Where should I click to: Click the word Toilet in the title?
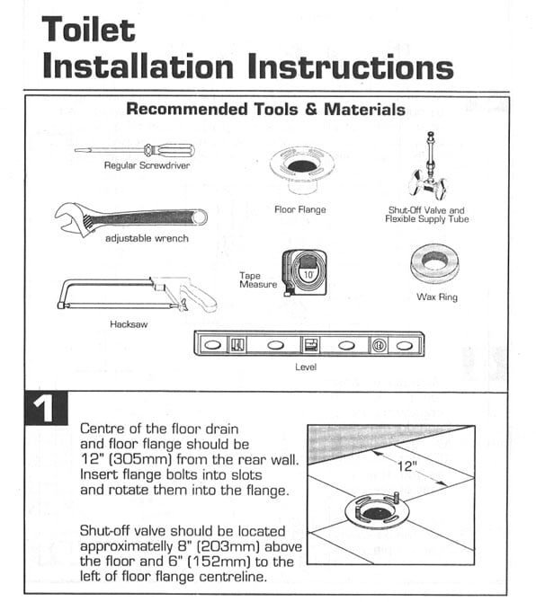(x=88, y=29)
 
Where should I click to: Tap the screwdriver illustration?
(x=135, y=150)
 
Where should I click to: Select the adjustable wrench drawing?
(x=130, y=217)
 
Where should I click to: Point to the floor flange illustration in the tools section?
(x=301, y=169)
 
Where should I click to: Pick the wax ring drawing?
(x=434, y=263)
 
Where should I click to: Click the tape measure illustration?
(x=305, y=272)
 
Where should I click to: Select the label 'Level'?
(x=306, y=367)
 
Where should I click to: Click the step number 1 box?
(x=46, y=408)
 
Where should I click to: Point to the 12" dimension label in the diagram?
(x=407, y=465)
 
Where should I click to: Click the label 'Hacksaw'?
(x=129, y=324)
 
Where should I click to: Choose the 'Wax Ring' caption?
(x=437, y=297)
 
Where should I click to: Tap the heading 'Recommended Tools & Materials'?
(x=265, y=109)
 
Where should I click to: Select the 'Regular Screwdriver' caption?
(x=147, y=165)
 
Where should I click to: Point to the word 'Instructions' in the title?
(x=351, y=66)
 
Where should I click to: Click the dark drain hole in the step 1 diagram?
(x=375, y=513)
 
